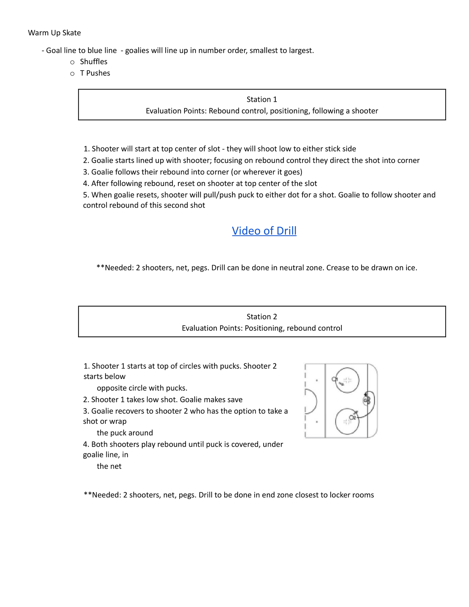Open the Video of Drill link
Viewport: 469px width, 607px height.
264,231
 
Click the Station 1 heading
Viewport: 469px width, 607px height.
262,100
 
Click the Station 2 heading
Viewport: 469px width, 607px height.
262,317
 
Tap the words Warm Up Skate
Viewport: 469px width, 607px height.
54,33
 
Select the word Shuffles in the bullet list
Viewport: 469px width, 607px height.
93,62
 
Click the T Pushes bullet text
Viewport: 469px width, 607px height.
95,73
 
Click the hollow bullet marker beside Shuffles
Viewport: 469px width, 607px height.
72,62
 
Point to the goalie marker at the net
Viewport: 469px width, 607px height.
367,400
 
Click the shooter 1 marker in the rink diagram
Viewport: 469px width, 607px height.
334,379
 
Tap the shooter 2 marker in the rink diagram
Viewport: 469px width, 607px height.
352,418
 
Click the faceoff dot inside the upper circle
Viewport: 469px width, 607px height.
347,380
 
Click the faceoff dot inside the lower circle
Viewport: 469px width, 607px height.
347,422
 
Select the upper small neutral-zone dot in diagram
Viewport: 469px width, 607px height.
317,380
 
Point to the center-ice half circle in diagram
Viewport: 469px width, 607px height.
311,401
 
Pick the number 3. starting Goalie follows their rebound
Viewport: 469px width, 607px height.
86,172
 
